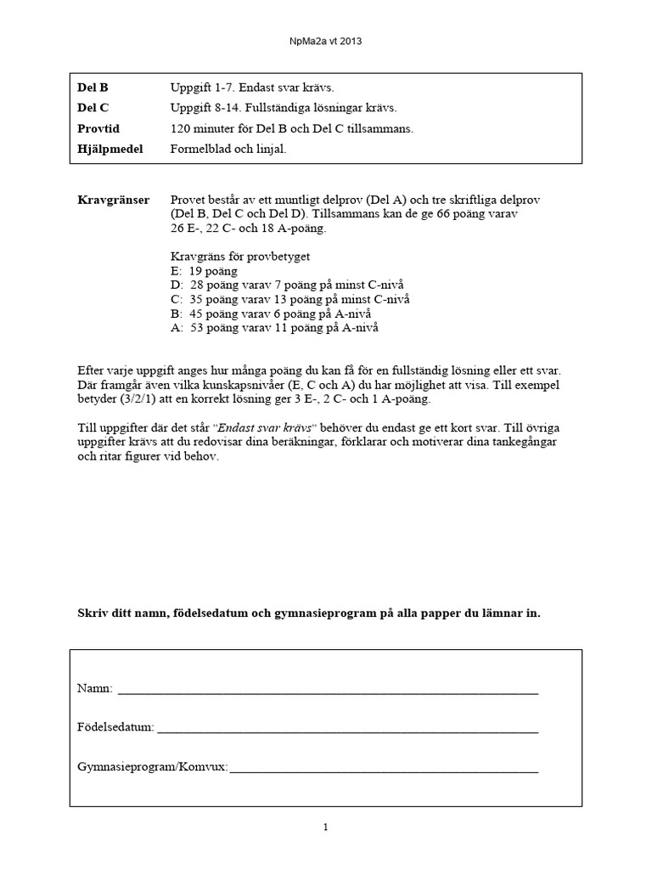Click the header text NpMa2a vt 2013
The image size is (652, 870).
coord(325,40)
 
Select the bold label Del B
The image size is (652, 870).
coord(93,88)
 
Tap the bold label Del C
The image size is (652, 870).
coord(93,108)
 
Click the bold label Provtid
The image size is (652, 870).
coord(98,128)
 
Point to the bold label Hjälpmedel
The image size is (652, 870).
coord(110,149)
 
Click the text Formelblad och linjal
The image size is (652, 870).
coord(228,149)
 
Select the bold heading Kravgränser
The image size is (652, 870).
coord(113,200)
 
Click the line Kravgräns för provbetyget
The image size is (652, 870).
coord(239,256)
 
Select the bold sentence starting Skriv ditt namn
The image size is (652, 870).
coord(308,613)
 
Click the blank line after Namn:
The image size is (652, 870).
coord(328,689)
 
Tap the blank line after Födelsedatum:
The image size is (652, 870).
coord(348,728)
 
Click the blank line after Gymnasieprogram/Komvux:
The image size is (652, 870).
coord(384,767)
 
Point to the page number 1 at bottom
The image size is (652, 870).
coord(326,828)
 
